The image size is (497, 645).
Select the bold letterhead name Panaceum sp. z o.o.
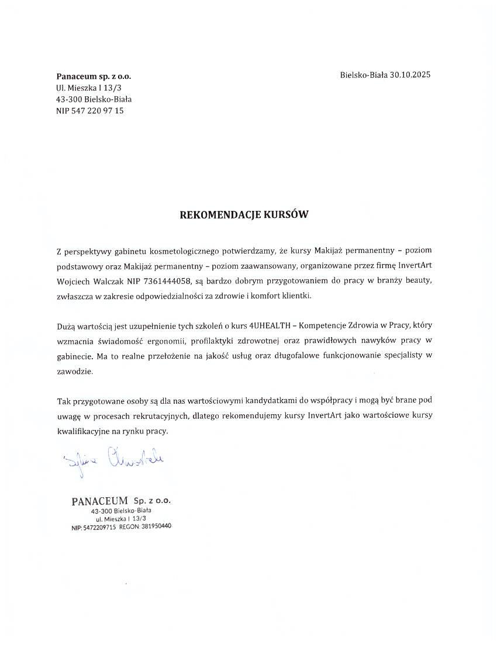pyautogui.click(x=94, y=77)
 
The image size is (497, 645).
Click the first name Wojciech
pyautogui.click(x=74, y=280)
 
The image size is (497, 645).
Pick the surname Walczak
pyautogui.click(x=109, y=280)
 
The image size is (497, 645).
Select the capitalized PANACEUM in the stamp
pyautogui.click(x=99, y=501)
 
